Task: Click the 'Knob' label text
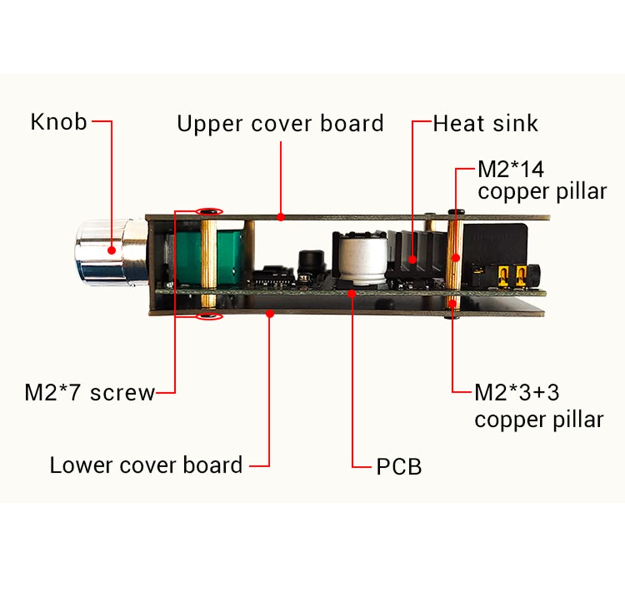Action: coord(59,122)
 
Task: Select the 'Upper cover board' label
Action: coord(280,124)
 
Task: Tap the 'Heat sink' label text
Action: coord(486,123)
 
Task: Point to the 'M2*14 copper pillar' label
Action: coord(542,180)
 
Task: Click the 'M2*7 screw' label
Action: coord(89,392)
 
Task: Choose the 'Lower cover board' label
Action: coord(146,465)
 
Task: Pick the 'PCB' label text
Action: coord(399,467)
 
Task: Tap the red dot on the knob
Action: coord(112,251)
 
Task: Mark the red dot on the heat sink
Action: coord(412,260)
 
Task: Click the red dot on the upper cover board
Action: coord(281,217)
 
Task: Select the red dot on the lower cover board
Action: coord(270,314)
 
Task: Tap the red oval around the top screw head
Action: coord(209,211)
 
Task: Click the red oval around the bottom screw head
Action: coord(209,317)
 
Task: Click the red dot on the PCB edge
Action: coord(351,294)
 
